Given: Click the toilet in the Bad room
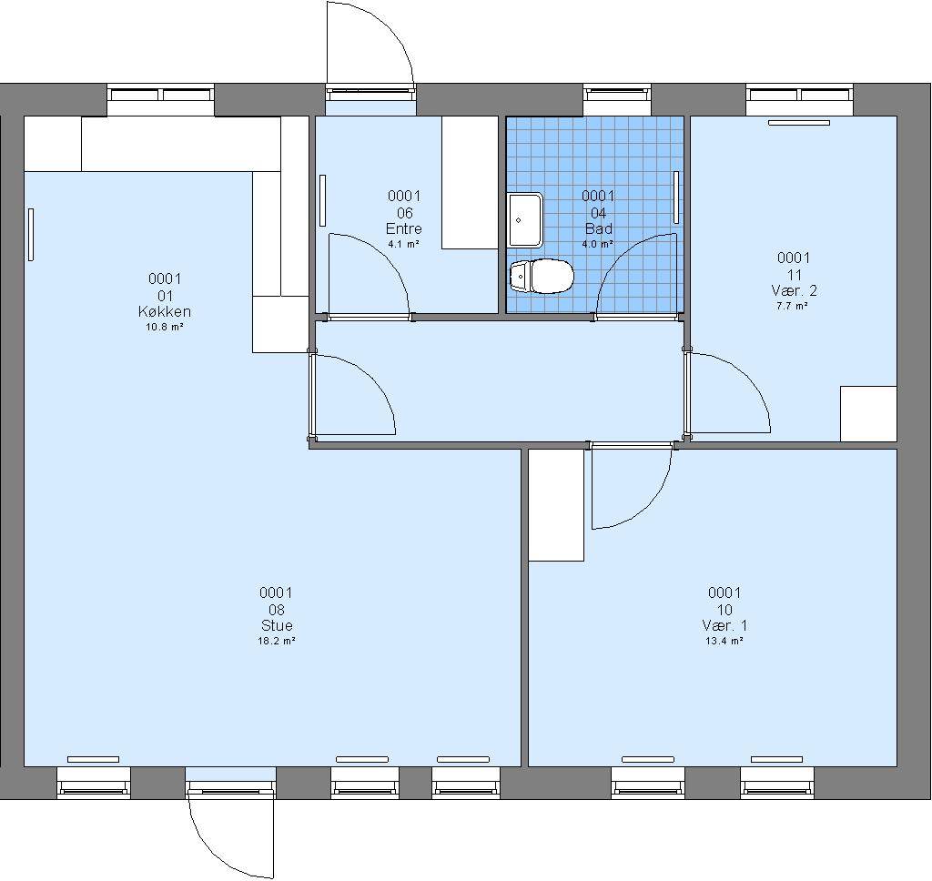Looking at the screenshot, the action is (x=542, y=277).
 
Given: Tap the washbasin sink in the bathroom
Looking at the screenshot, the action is (x=525, y=220).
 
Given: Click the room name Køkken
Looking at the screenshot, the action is (x=165, y=311).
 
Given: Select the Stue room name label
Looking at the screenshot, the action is (x=277, y=625).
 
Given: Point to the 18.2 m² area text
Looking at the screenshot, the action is (x=277, y=641).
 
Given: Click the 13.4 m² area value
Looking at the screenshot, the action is (x=724, y=641).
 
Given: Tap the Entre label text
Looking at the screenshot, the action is (x=404, y=228).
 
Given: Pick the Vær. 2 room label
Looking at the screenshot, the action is (x=794, y=290).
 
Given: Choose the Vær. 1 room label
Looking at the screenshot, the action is (x=724, y=625).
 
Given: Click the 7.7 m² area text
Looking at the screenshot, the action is (x=793, y=306).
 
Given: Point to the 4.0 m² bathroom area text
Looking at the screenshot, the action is (x=598, y=244).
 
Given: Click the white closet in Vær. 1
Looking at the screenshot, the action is (x=556, y=505).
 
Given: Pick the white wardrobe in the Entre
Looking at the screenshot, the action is (x=470, y=183).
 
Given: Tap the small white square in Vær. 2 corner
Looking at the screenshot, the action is (x=868, y=414).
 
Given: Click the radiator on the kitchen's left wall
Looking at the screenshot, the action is (x=31, y=234).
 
